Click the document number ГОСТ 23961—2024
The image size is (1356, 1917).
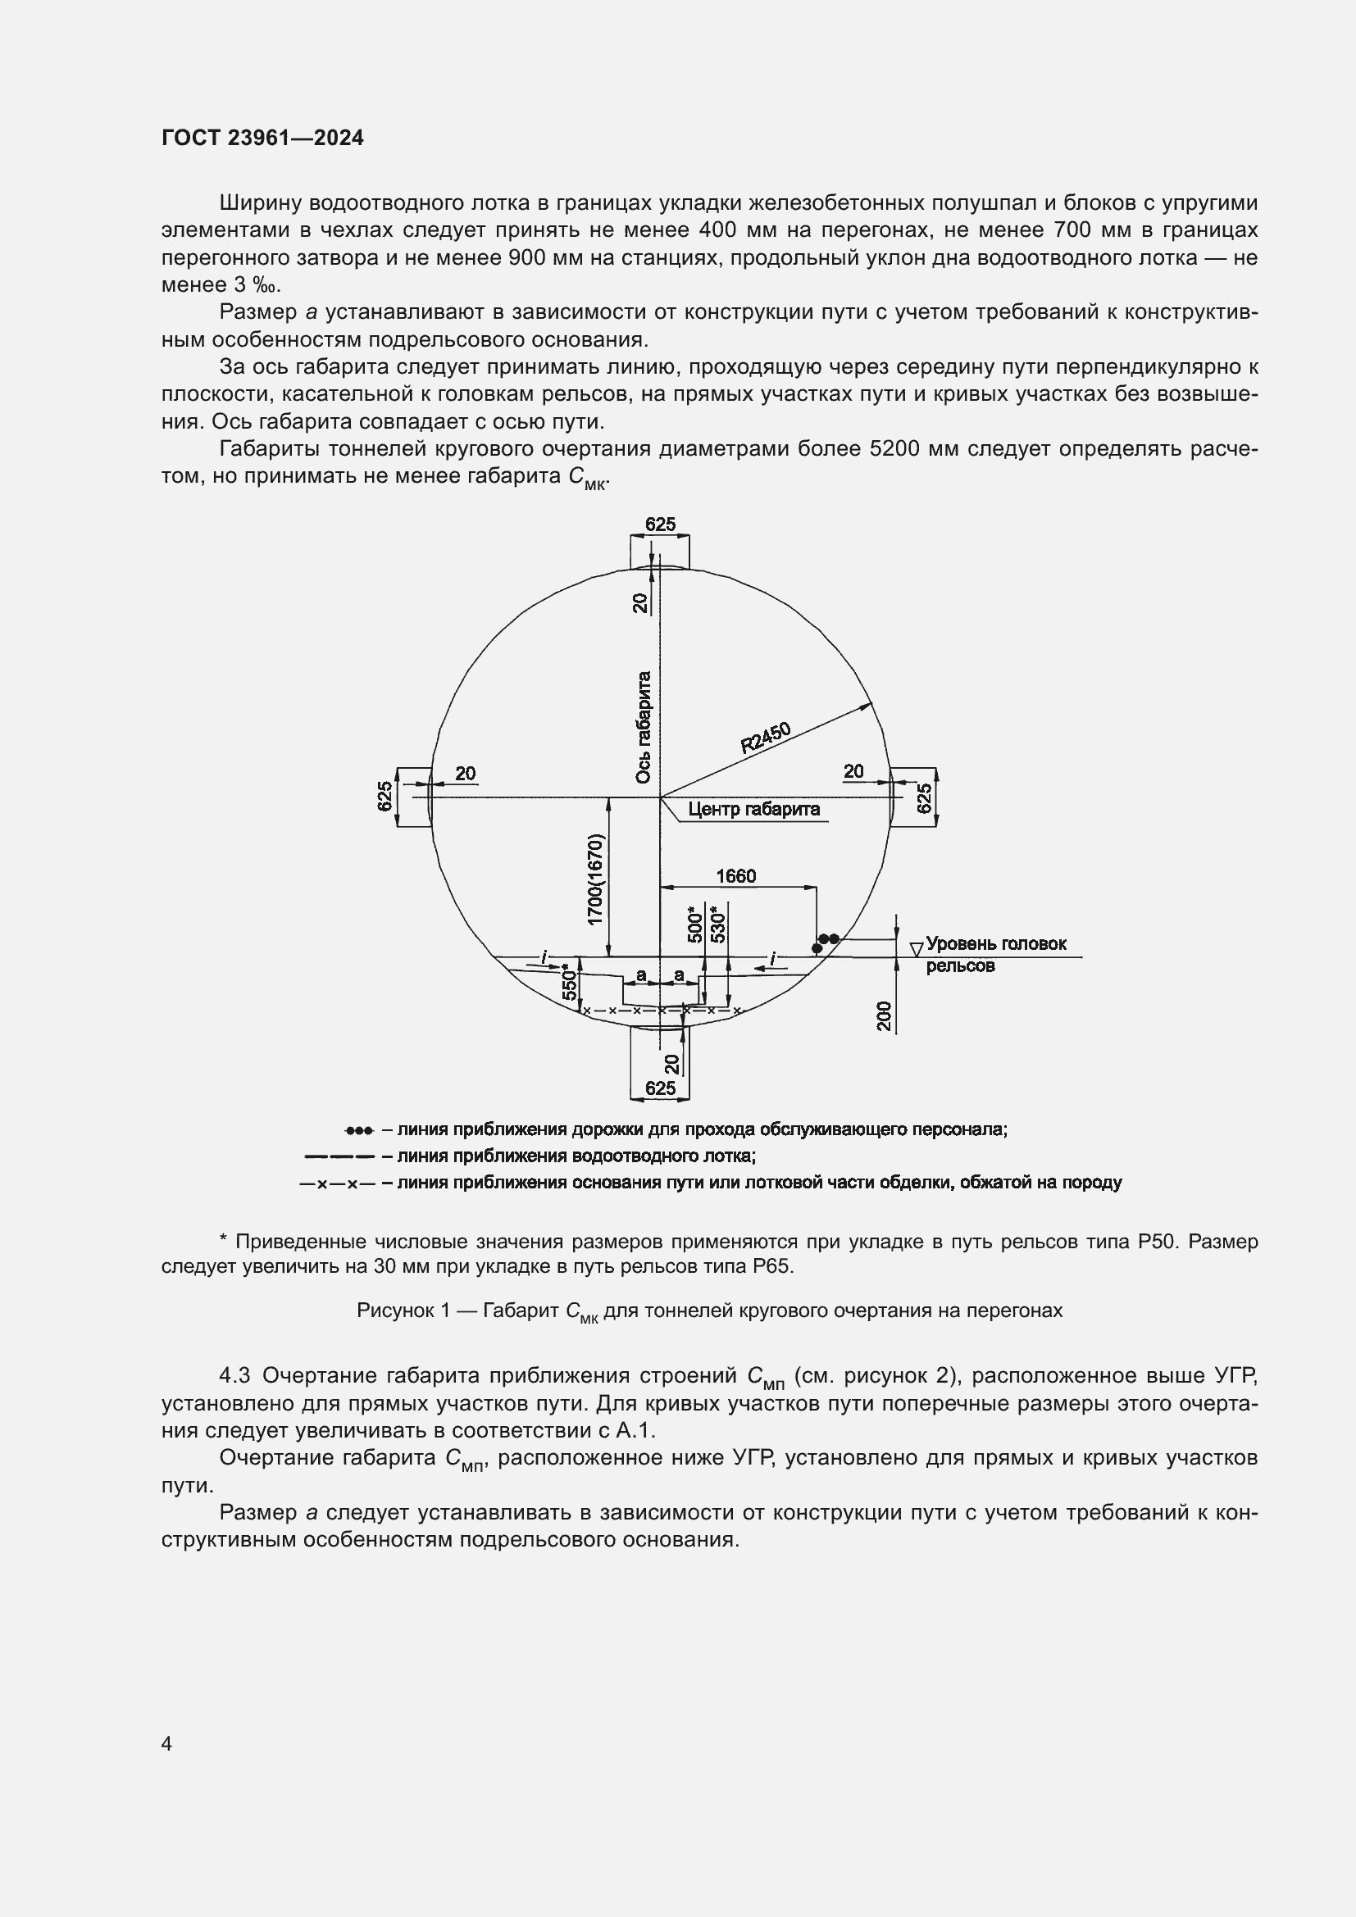[x=262, y=139]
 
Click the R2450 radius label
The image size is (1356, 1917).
[x=765, y=738]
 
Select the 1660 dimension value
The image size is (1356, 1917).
[x=735, y=876]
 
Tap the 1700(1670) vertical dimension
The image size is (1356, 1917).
[x=594, y=879]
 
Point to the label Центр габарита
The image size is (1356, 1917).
[x=753, y=809]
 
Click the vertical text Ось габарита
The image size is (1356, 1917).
[x=643, y=727]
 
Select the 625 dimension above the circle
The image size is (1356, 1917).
[x=660, y=525]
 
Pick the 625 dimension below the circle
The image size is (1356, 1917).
[x=660, y=1088]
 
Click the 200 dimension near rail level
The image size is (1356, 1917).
[x=885, y=1016]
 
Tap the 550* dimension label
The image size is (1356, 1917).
[x=570, y=983]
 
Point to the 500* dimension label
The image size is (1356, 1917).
[x=694, y=924]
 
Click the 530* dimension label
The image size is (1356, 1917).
[x=717, y=923]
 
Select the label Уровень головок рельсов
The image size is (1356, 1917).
[x=995, y=953]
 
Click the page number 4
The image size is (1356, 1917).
[x=166, y=1743]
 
